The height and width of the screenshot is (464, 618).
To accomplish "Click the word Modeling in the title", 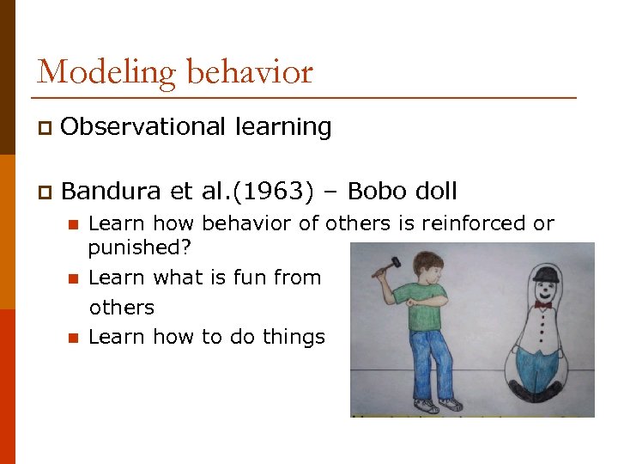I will click(88, 72).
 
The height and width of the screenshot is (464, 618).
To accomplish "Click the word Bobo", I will click(381, 190).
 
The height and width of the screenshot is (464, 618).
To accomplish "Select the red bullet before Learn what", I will click(73, 278).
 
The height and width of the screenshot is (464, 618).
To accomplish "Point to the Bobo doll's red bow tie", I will click(542, 304).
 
